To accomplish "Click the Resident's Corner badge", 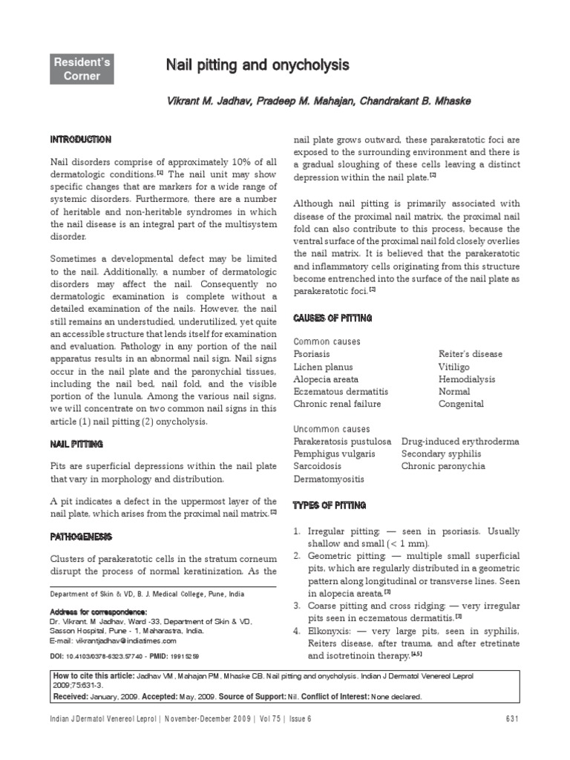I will (82, 69).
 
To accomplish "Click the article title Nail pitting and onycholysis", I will (257, 66).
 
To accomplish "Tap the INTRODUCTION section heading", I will (81, 140).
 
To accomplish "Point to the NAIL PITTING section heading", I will (76, 443).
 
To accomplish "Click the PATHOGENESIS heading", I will (82, 535).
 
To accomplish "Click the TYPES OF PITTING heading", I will (330, 505).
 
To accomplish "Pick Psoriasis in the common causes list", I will (312, 354).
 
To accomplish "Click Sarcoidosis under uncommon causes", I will (318, 466).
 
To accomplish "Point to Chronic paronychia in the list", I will (443, 466).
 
